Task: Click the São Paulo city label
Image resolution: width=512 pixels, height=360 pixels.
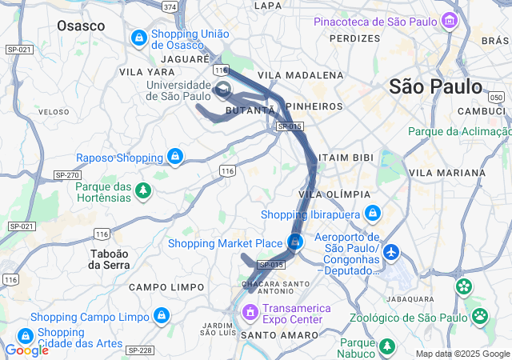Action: [436, 86]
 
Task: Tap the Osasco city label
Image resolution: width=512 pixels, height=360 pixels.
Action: [81, 26]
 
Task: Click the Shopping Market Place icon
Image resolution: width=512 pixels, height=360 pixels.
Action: [296, 242]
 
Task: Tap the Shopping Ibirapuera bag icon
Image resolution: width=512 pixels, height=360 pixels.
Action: [372, 214]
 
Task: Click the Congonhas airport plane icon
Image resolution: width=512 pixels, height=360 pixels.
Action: [392, 253]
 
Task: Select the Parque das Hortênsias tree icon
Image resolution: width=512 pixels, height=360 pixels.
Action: [143, 190]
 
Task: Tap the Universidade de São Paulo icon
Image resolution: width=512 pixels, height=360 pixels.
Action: [223, 88]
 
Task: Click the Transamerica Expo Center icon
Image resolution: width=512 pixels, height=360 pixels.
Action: [250, 310]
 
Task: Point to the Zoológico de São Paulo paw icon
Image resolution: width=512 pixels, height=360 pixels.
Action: [480, 317]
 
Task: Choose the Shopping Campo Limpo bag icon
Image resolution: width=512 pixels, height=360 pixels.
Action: [162, 316]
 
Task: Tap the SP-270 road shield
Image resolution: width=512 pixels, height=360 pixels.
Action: [66, 174]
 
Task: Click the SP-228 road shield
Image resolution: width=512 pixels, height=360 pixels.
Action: [140, 349]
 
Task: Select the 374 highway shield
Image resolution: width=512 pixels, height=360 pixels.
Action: [169, 6]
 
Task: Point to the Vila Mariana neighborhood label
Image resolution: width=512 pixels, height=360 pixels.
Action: [446, 172]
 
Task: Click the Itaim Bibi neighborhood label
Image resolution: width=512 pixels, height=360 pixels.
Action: [346, 158]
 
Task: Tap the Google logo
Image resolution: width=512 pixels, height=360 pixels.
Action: [26, 350]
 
